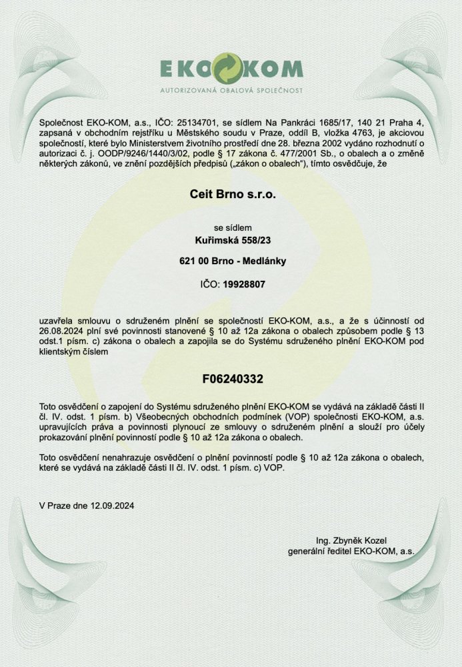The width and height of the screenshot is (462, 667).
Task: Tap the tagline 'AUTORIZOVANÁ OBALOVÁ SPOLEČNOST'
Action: (x=231, y=89)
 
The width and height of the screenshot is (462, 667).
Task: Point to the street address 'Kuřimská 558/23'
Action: (x=231, y=239)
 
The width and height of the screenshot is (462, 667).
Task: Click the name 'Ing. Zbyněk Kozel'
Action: (x=351, y=540)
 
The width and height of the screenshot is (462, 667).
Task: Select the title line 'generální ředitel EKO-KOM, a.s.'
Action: (x=351, y=552)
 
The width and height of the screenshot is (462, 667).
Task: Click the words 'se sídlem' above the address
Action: (x=231, y=227)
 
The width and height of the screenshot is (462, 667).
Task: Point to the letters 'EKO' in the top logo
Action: (x=186, y=69)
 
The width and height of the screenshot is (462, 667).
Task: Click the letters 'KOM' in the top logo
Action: (x=275, y=69)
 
